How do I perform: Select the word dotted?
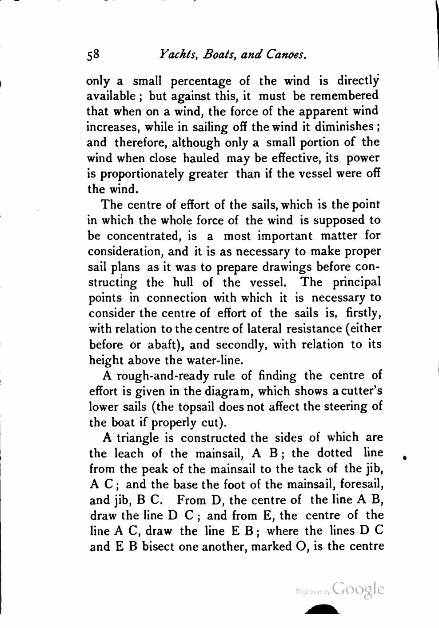(x=335, y=453)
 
